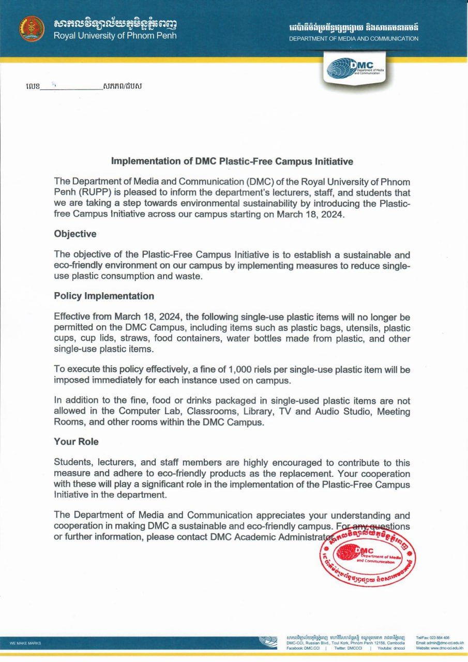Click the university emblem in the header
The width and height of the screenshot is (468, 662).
click(x=32, y=29)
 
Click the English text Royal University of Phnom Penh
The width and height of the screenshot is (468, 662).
click(x=115, y=36)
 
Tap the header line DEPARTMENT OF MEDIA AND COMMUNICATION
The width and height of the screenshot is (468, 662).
click(x=354, y=39)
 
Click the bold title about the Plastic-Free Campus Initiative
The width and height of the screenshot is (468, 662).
click(x=232, y=161)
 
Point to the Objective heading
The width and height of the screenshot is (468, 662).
click(x=75, y=234)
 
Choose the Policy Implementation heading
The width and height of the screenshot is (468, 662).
click(x=104, y=296)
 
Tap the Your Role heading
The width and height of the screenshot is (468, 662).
click(x=76, y=442)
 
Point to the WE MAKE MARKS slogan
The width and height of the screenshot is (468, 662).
click(x=25, y=643)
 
